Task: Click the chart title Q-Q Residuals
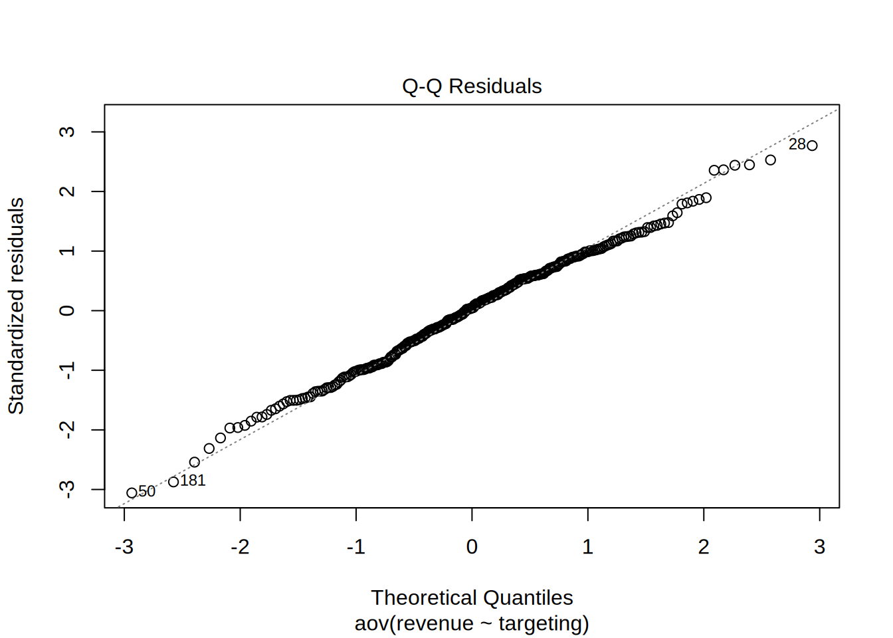[472, 86]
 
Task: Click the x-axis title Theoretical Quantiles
[472, 597]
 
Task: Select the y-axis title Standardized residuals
[16, 306]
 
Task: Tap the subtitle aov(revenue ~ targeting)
[472, 623]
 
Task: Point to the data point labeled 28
[812, 146]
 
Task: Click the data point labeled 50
[132, 493]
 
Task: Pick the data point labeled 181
[173, 482]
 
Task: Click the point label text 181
[193, 480]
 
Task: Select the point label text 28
[797, 144]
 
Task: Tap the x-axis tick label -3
[124, 546]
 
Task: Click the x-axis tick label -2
[240, 546]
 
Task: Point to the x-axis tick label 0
[472, 546]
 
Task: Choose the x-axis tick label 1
[588, 546]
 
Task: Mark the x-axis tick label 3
[819, 546]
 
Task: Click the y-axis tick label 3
[67, 132]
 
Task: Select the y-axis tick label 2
[67, 191]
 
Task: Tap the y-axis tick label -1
[67, 370]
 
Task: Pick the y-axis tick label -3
[67, 489]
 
